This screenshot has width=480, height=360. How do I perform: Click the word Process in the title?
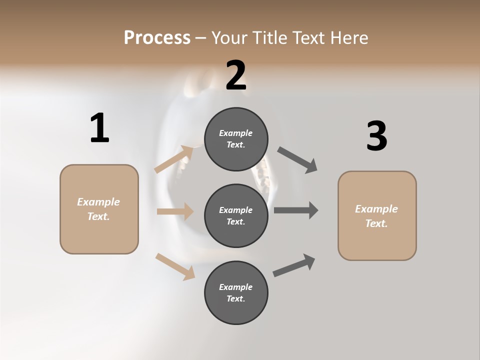coord(157,37)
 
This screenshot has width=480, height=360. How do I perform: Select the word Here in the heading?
coord(349,37)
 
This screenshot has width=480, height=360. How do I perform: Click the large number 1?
coord(99,128)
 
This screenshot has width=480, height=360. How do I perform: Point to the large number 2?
coord(236,75)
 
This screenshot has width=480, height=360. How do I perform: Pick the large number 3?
coord(376,136)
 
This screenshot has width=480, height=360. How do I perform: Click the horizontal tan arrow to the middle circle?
coord(175,211)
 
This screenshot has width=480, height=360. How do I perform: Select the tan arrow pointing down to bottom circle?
coord(175,266)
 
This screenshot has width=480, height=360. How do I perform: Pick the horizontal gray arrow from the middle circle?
coord(296,210)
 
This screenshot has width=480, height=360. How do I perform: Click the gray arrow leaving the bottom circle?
coord(294,265)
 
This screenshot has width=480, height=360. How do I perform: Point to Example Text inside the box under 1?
coord(98,209)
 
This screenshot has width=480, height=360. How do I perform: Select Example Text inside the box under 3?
coord(376,216)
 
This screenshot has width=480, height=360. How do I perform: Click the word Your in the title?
coord(229,37)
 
